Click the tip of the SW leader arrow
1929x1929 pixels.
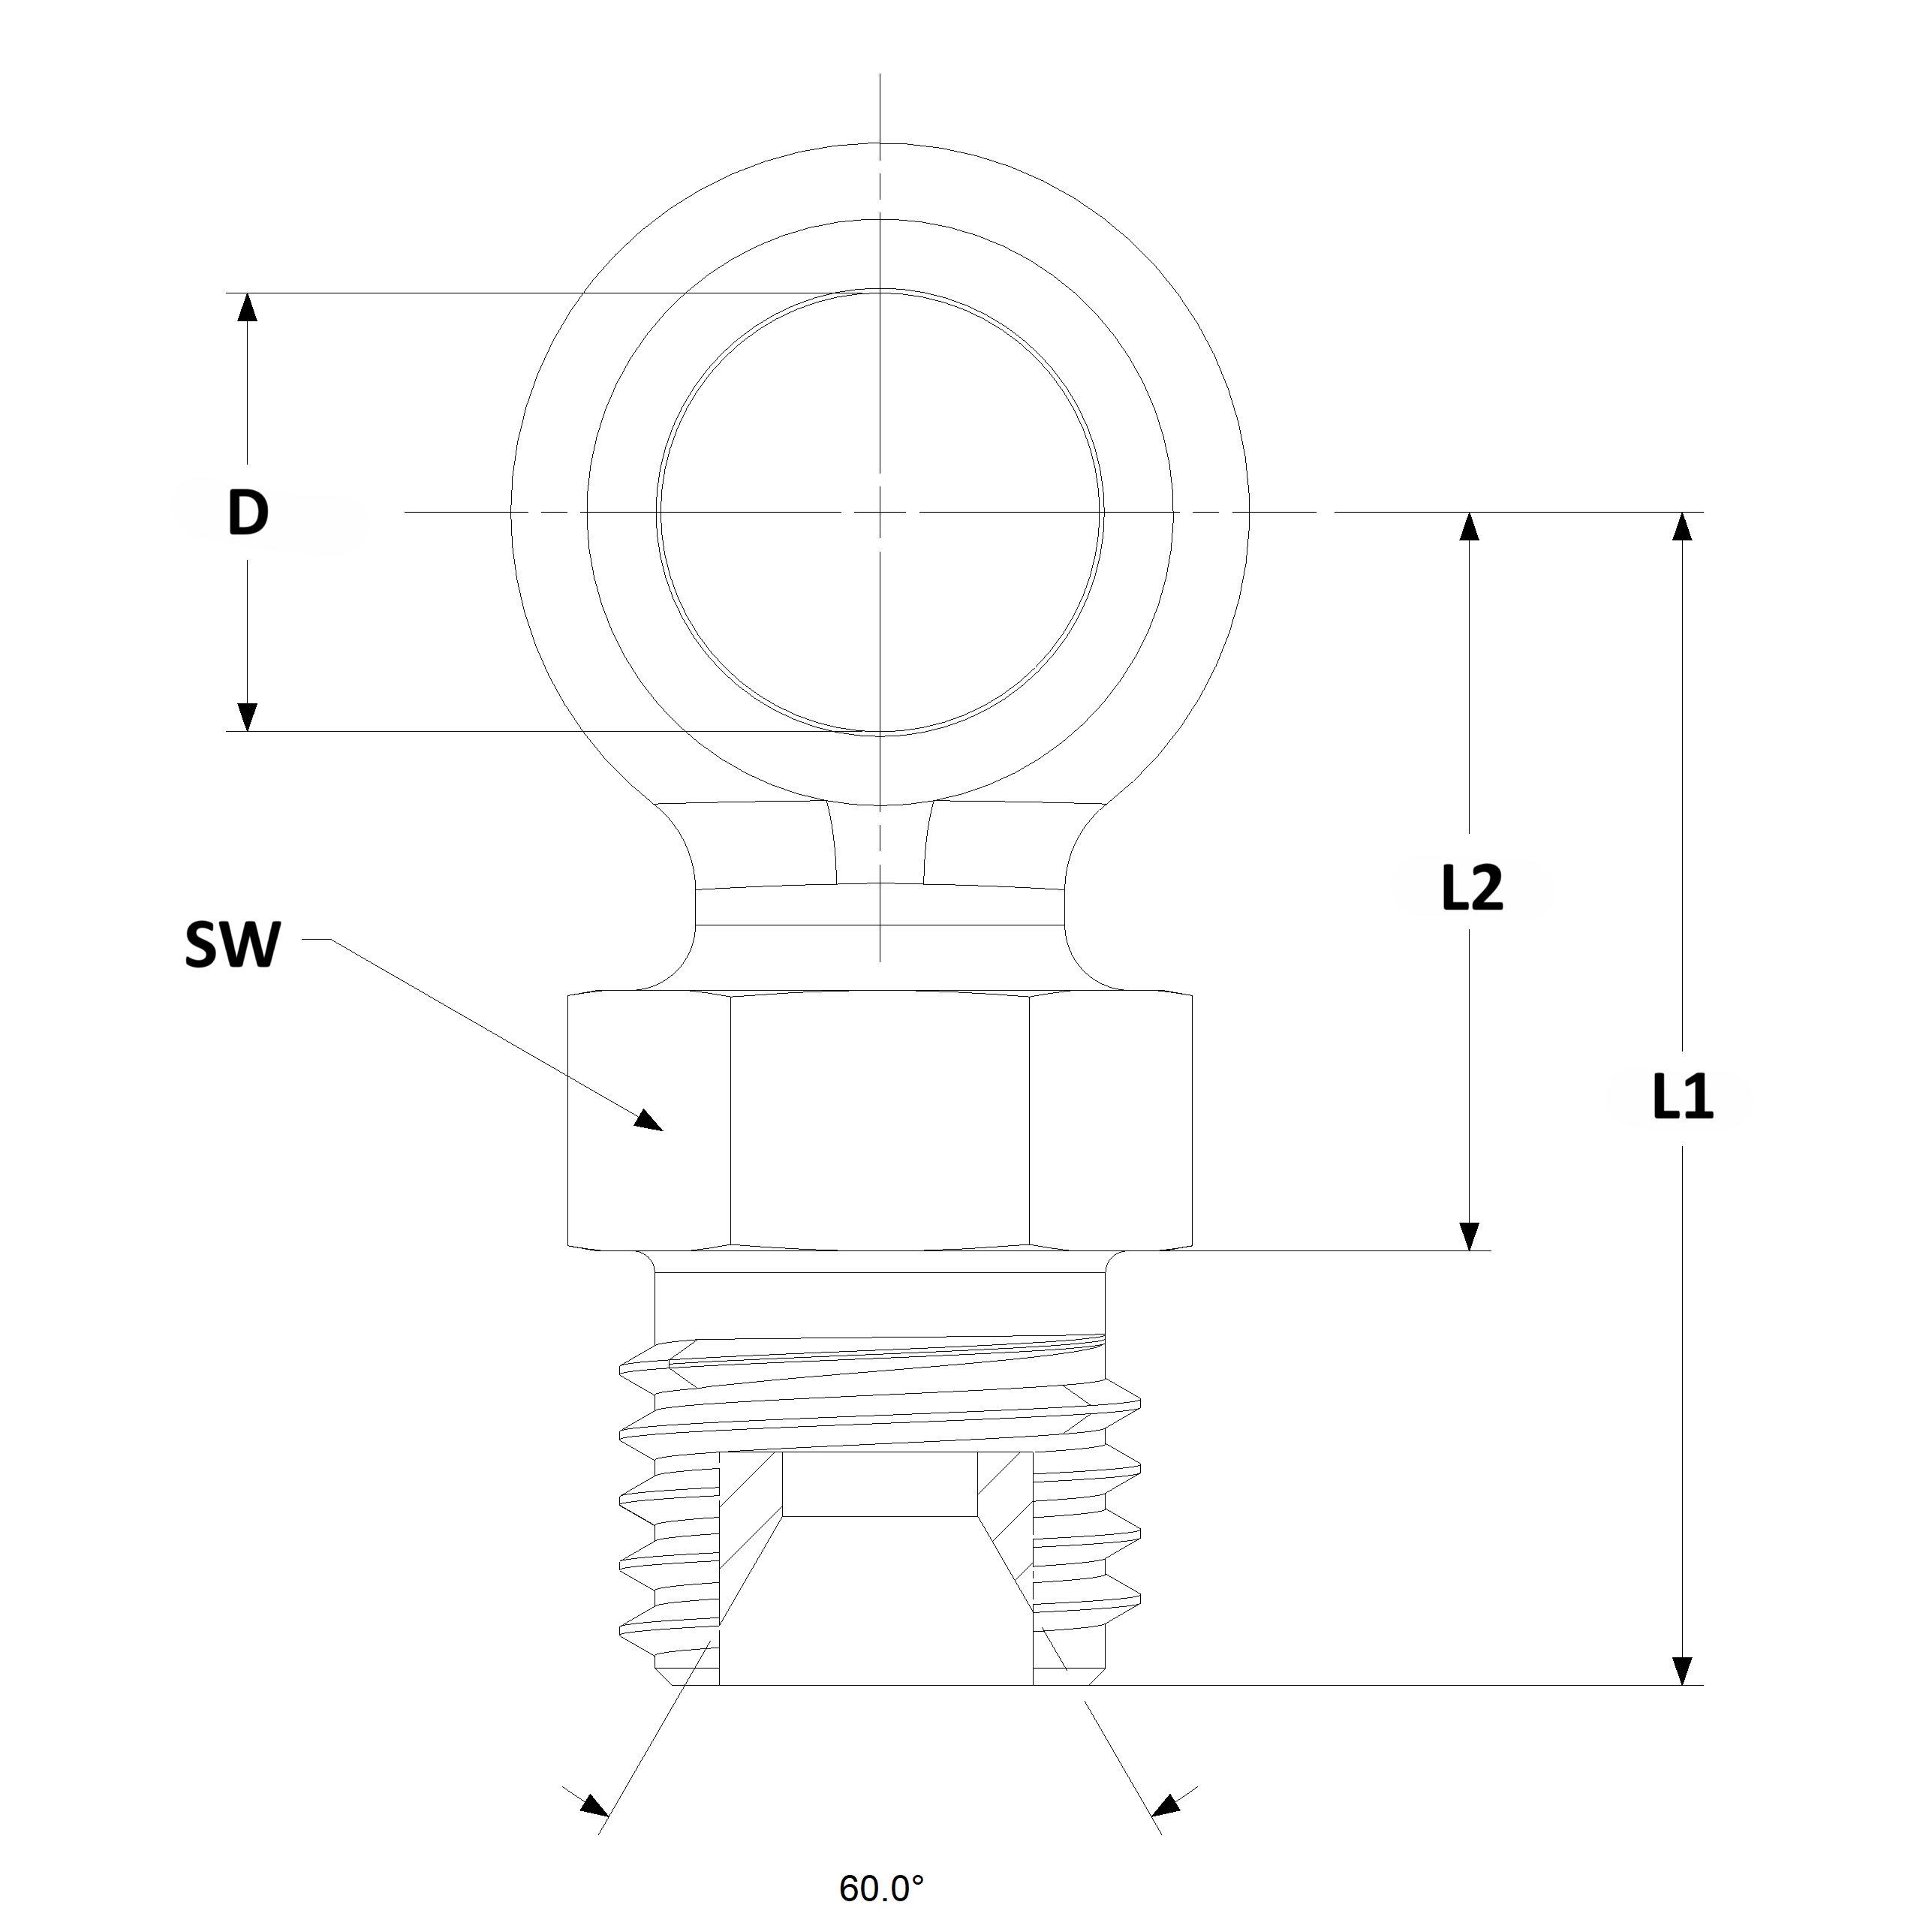663,1130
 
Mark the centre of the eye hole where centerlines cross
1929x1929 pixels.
880,512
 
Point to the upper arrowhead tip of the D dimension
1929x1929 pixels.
248,293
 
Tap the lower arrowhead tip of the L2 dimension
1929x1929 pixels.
1469,1250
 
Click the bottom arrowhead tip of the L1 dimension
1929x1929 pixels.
1682,1685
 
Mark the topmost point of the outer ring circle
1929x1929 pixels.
880,143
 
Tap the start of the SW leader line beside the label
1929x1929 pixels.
302,940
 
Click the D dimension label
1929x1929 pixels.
248,513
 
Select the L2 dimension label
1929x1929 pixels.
1473,888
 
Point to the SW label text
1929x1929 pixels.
233,944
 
